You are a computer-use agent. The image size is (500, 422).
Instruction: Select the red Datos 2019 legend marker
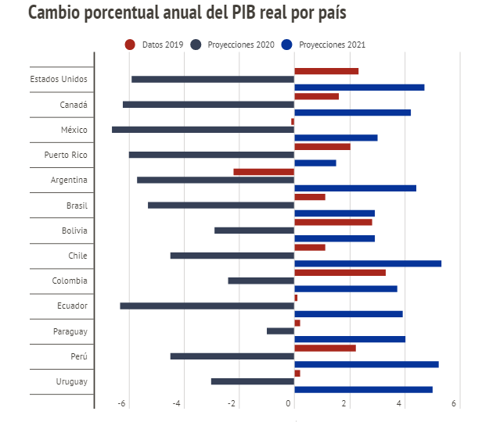pyautogui.click(x=130, y=45)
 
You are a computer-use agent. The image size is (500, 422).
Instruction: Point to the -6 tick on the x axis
pyautogui.click(x=121, y=403)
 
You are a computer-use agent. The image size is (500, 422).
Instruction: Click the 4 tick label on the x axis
pyautogui.click(x=400, y=403)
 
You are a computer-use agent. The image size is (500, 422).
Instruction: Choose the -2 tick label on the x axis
pyautogui.click(x=232, y=403)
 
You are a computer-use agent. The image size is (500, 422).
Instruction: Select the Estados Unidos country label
pyautogui.click(x=59, y=79)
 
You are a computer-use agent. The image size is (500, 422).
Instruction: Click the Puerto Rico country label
pyautogui.click(x=65, y=155)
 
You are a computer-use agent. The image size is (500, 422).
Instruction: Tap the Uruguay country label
pyautogui.click(x=70, y=381)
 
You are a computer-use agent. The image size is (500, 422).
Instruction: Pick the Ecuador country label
pyautogui.click(x=71, y=306)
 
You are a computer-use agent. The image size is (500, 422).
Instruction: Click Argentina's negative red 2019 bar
pyautogui.click(x=264, y=172)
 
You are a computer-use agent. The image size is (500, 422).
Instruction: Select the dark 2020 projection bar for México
pyautogui.click(x=203, y=130)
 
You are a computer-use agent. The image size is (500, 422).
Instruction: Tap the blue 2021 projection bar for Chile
pyautogui.click(x=368, y=263)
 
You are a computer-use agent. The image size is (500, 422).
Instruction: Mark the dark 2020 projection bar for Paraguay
pyautogui.click(x=280, y=331)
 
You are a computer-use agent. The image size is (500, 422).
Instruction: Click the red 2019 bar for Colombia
pyautogui.click(x=340, y=273)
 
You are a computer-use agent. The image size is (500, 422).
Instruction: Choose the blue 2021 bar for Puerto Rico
pyautogui.click(x=315, y=163)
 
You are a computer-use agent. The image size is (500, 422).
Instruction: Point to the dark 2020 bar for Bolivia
pyautogui.click(x=254, y=231)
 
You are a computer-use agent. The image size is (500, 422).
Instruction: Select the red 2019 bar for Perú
pyautogui.click(x=325, y=348)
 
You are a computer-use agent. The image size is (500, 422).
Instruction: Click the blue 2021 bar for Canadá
pyautogui.click(x=352, y=113)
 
